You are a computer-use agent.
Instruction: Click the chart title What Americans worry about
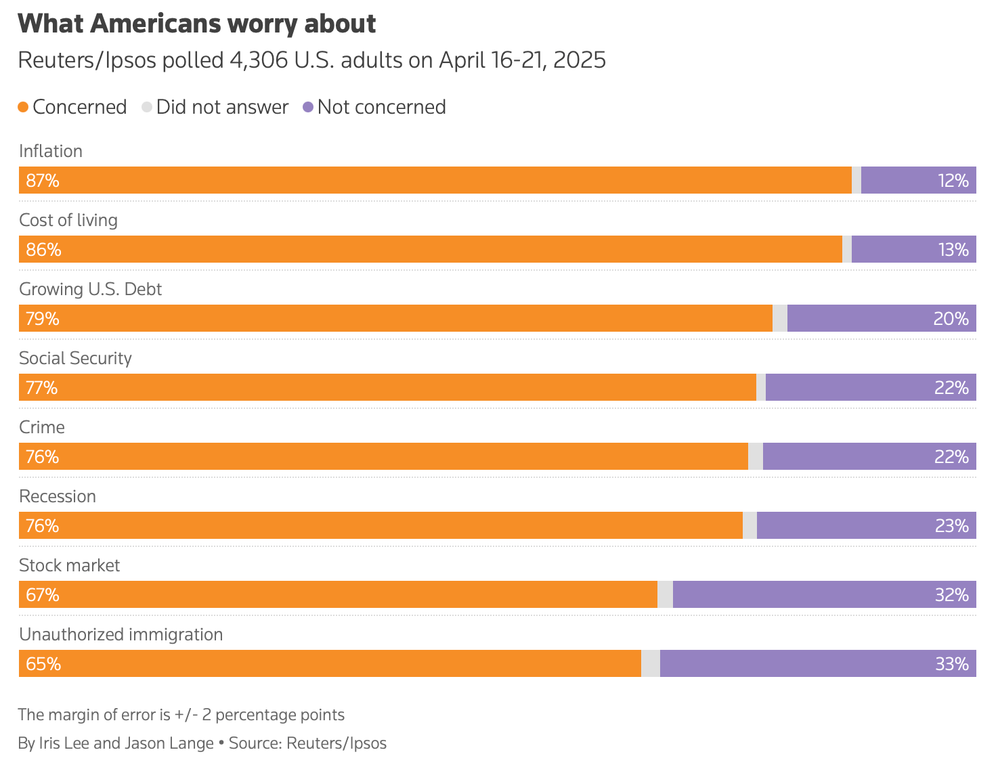tap(196, 24)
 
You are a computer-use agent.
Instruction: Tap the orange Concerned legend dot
tap(23, 107)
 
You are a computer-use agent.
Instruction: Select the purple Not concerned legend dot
tap(308, 107)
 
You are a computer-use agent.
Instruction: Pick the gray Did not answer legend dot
tap(147, 107)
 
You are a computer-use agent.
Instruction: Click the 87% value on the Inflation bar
tap(43, 181)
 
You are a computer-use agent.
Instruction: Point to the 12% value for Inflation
tap(953, 181)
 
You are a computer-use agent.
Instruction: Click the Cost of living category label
tap(68, 220)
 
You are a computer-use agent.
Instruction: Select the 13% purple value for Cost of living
tap(953, 250)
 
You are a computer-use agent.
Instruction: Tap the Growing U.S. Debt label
tap(91, 289)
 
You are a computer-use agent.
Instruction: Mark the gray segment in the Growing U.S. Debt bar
tap(780, 319)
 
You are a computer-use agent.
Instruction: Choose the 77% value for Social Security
tap(42, 388)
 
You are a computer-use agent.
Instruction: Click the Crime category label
tap(42, 427)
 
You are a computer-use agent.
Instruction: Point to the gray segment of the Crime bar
tap(756, 457)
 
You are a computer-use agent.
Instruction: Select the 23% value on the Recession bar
tap(952, 526)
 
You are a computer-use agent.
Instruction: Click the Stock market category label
tap(70, 565)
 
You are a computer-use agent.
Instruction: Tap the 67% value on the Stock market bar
tap(43, 595)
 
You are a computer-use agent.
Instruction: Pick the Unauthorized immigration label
tap(121, 634)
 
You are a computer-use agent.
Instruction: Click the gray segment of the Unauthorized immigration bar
tap(651, 664)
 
